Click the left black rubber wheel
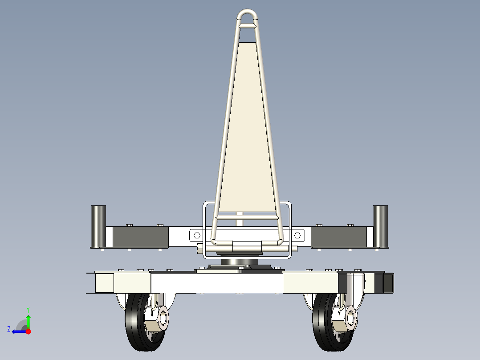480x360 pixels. pos(132,322)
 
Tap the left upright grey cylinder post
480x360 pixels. pos(98,226)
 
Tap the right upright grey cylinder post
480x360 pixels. pos(381,226)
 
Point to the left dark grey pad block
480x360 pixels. pos(141,237)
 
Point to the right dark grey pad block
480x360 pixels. pos(339,237)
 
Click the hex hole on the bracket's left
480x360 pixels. pos(197,235)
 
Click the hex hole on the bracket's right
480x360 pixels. pos(297,235)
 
